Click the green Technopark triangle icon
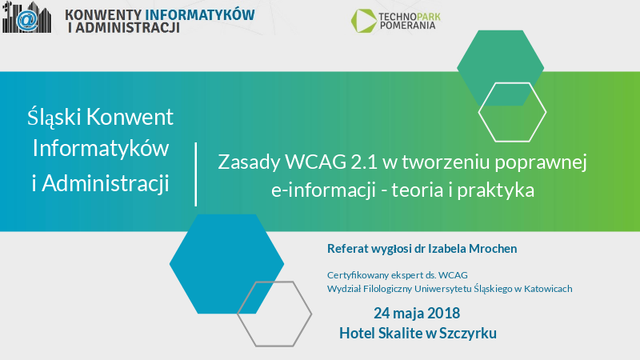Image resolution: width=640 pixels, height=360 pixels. [x=365, y=21]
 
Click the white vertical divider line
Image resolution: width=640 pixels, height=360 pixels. [x=196, y=173]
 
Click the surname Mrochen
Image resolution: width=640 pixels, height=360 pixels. [x=490, y=248]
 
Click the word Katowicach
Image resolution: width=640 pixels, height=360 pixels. [x=547, y=288]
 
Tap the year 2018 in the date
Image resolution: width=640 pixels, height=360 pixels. [x=442, y=312]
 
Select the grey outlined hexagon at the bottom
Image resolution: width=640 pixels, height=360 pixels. [x=274, y=313]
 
